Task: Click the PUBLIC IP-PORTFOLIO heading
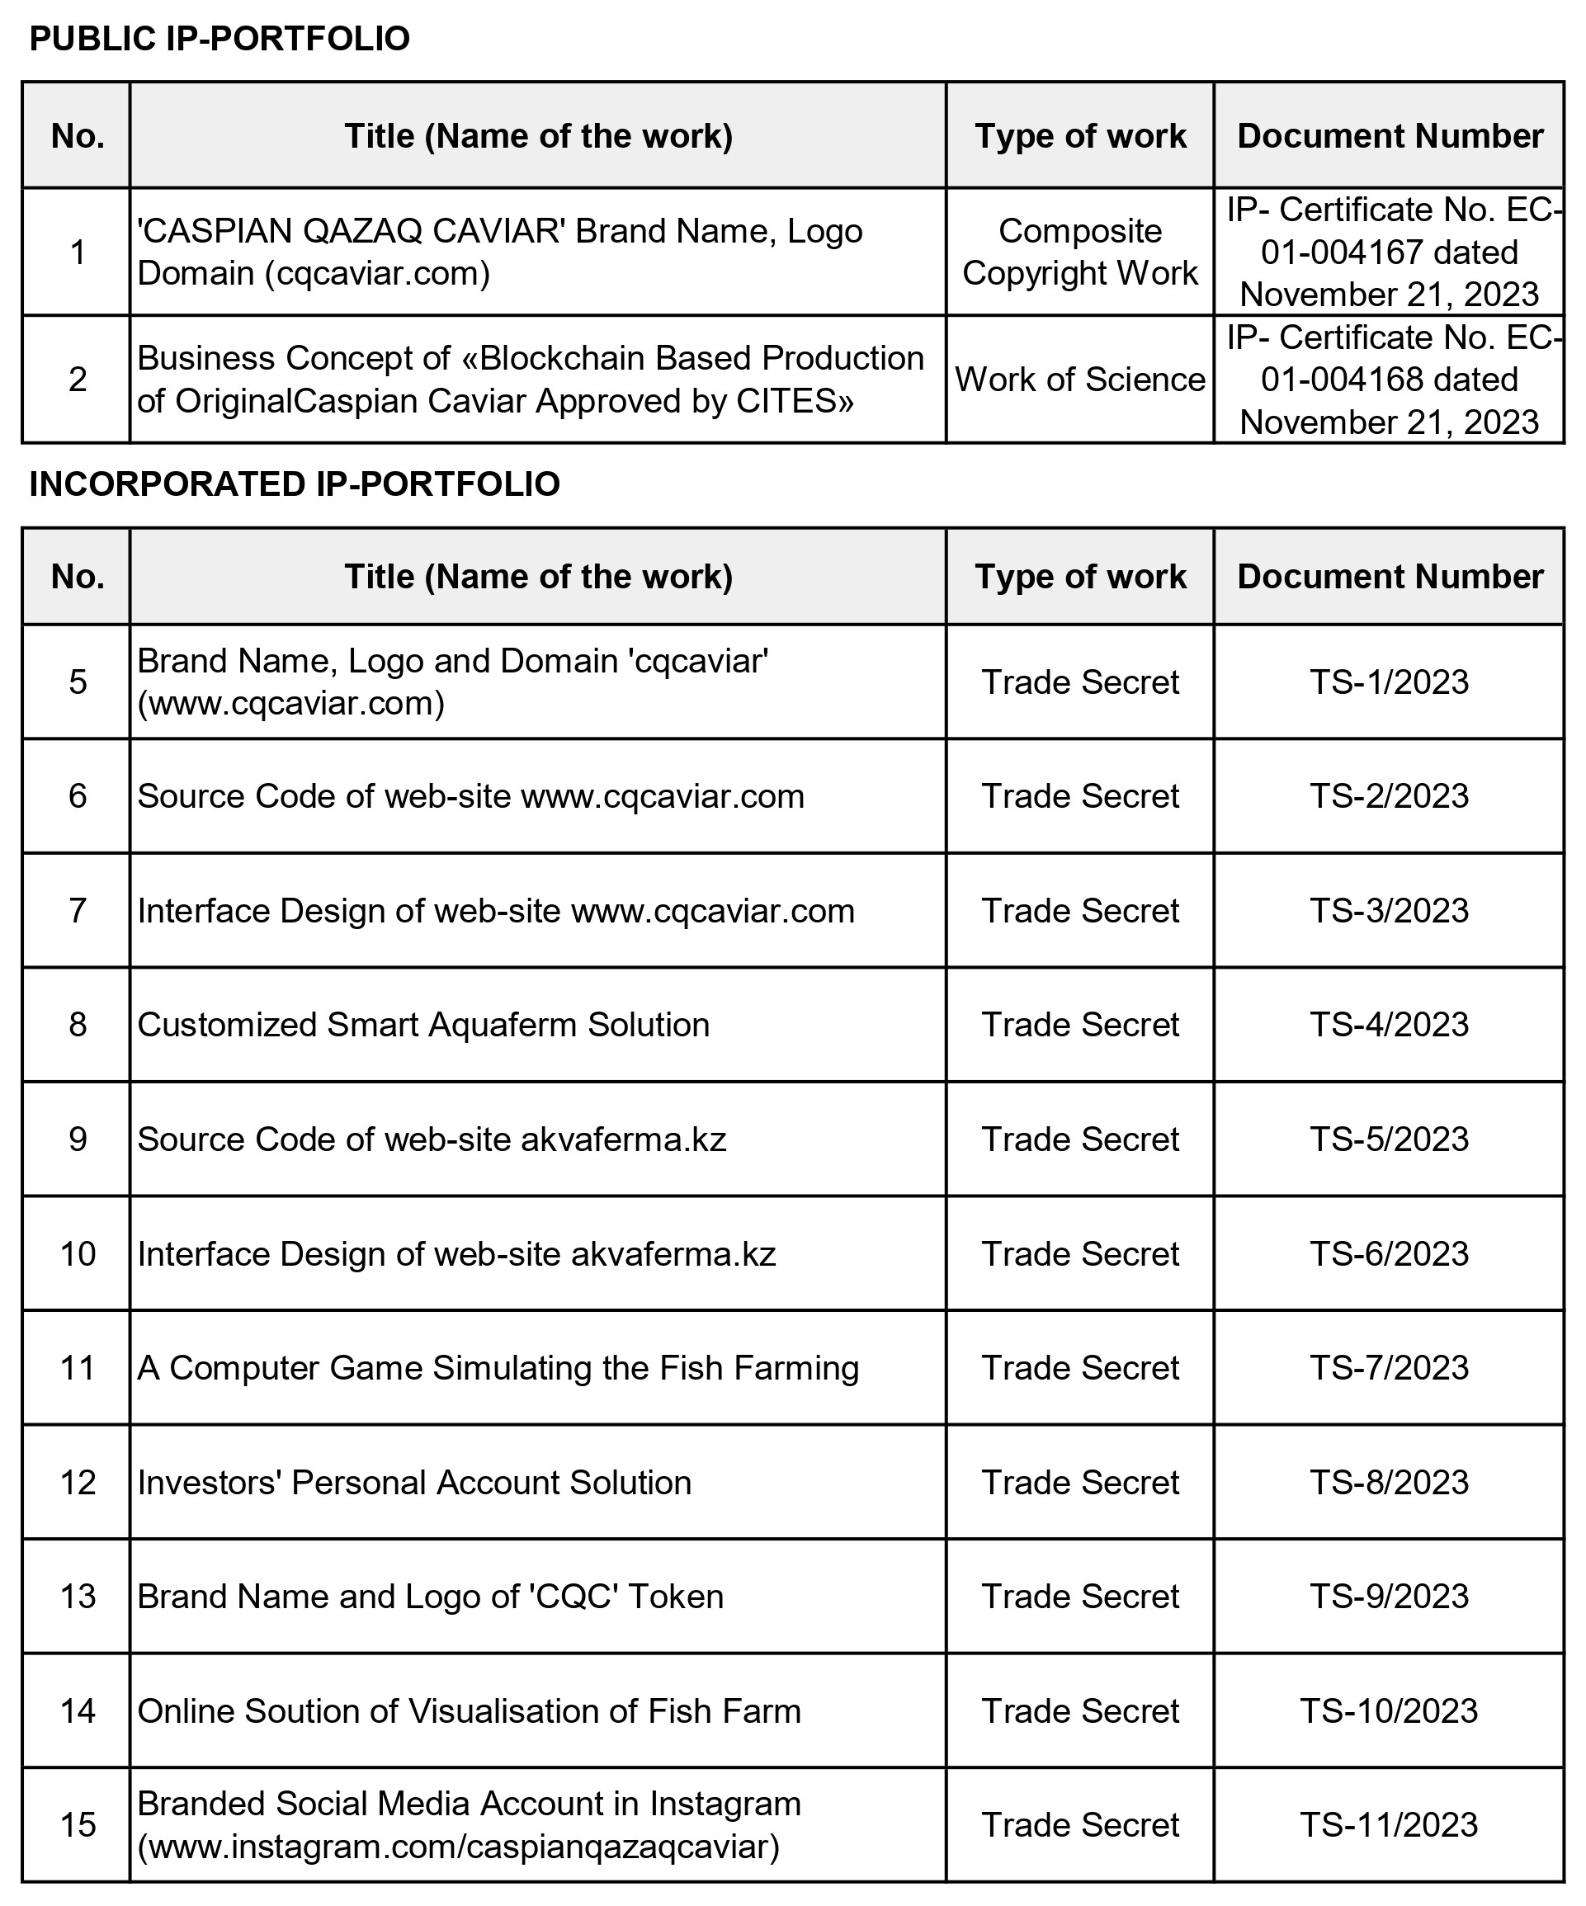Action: (219, 39)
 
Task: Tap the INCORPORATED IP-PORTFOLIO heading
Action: (294, 484)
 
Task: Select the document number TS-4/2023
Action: (1388, 1025)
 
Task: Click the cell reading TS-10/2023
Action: (1388, 1711)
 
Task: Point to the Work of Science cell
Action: (1079, 380)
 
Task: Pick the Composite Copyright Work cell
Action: (1079, 252)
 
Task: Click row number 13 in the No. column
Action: (78, 1597)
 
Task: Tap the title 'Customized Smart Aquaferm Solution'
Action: (423, 1025)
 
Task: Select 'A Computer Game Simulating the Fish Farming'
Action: (498, 1368)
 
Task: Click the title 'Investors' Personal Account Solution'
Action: (414, 1482)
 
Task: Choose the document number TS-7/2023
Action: (1388, 1368)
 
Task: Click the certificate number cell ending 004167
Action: (1388, 252)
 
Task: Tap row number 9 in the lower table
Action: (78, 1139)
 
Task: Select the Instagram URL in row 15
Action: (459, 1846)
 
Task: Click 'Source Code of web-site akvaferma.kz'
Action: (432, 1139)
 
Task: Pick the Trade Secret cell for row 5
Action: (1079, 682)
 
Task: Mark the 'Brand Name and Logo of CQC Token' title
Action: (430, 1597)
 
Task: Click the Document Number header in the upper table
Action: (1389, 136)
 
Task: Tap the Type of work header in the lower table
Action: (1079, 576)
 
